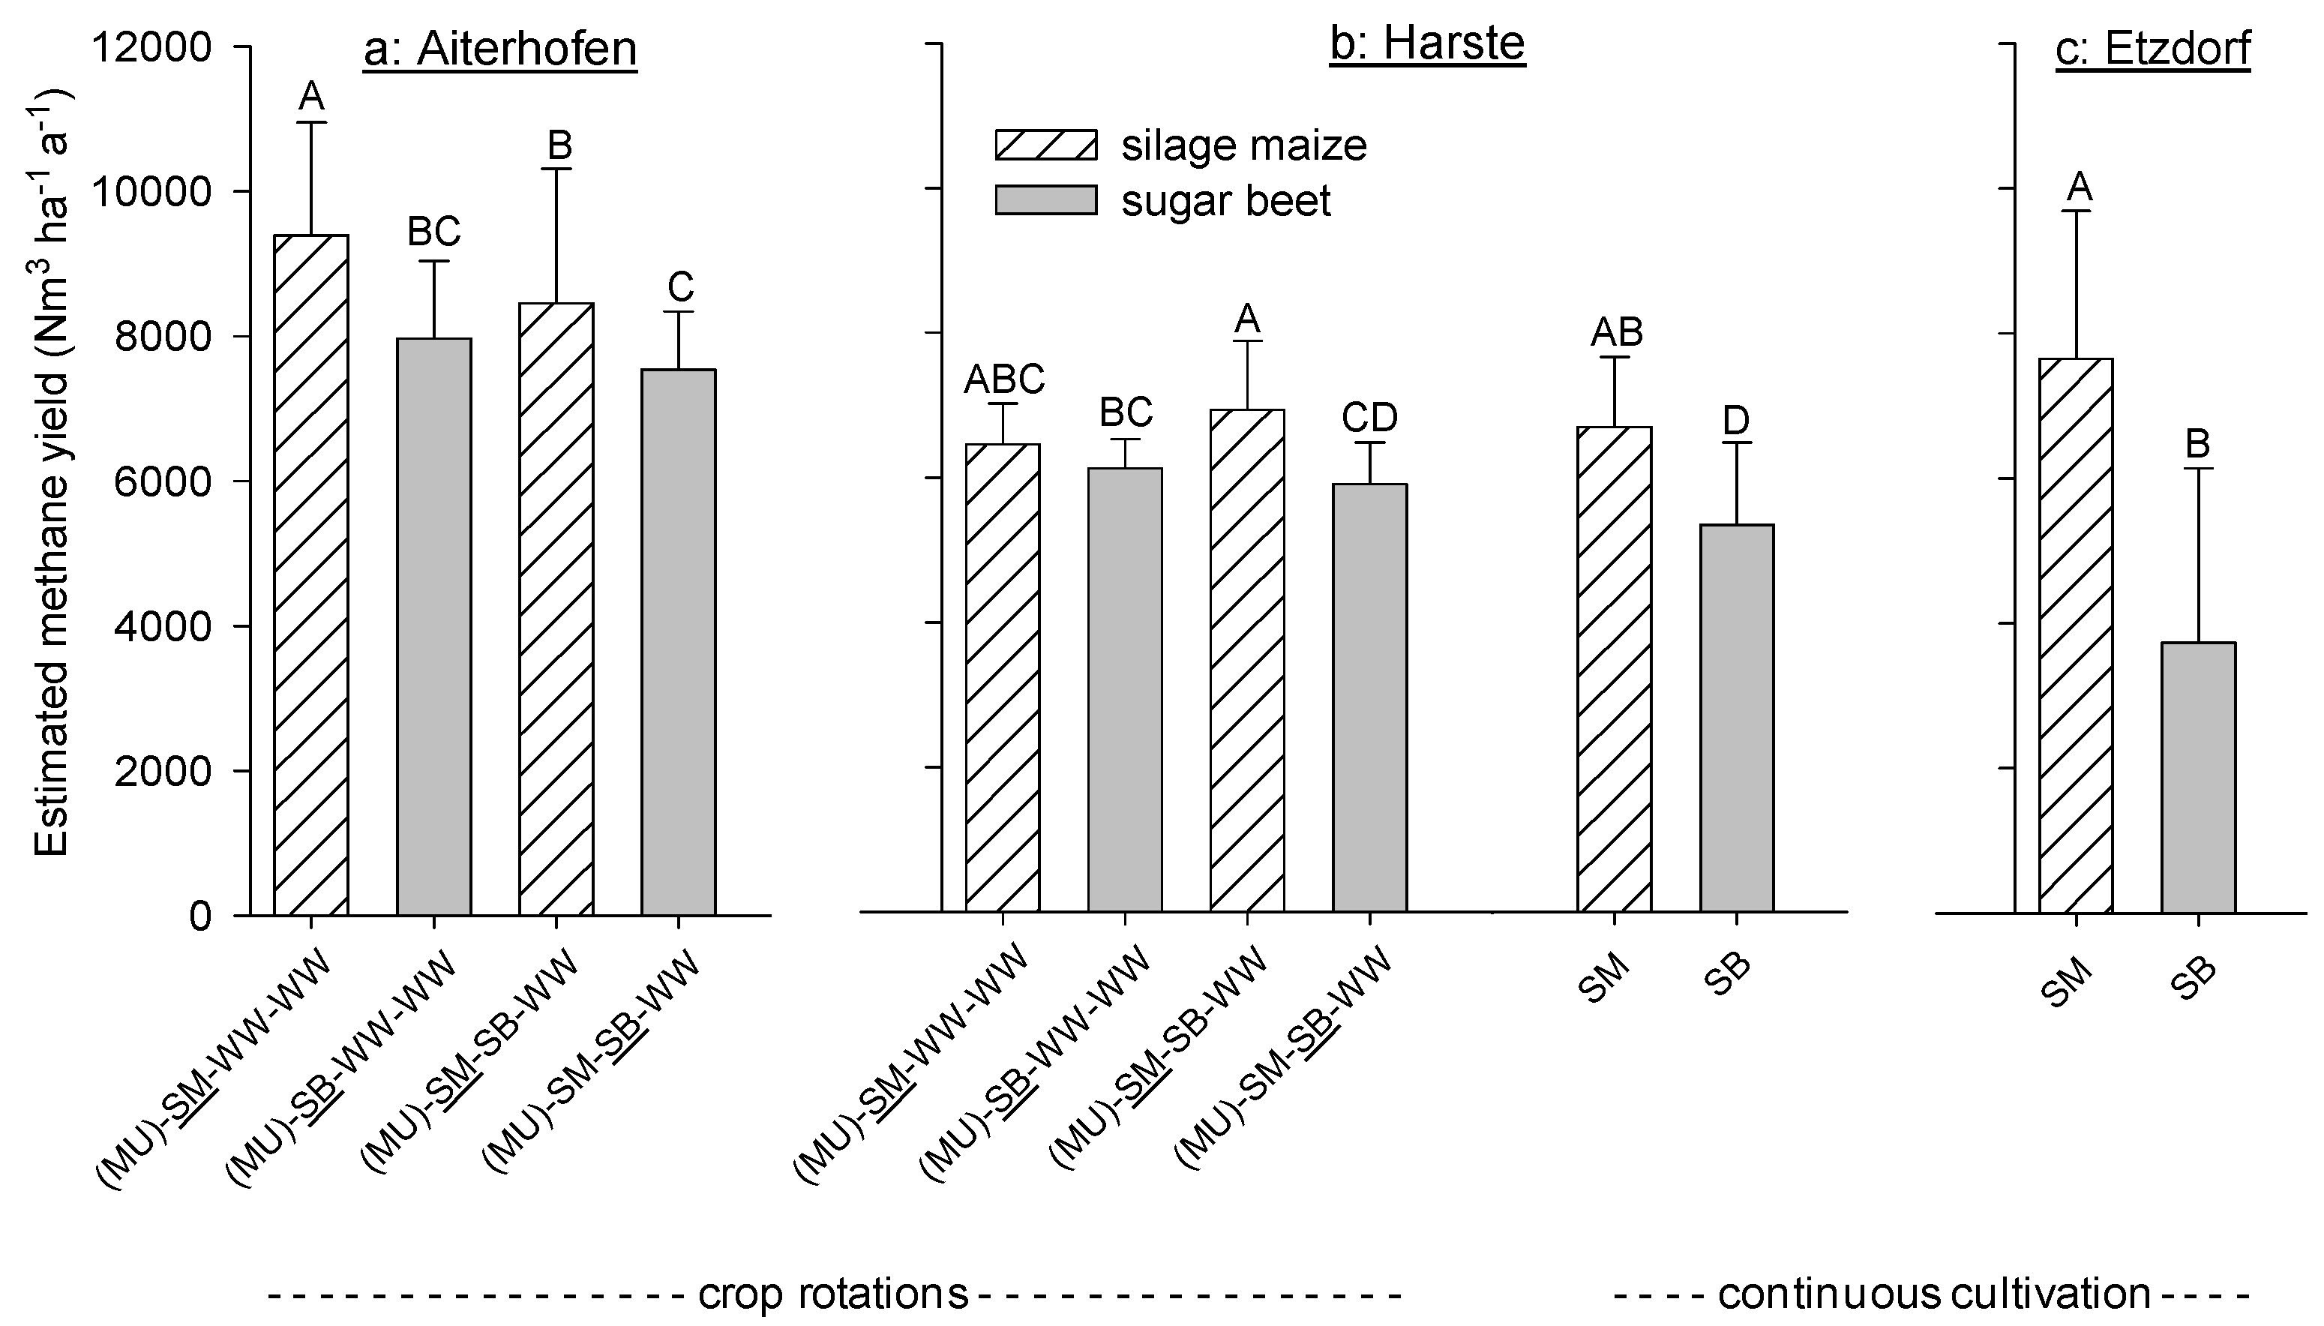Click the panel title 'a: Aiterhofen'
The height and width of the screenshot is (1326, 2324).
click(x=500, y=49)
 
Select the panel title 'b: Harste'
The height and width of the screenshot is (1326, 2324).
click(x=1427, y=43)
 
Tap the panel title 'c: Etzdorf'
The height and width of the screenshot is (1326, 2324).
click(x=2153, y=49)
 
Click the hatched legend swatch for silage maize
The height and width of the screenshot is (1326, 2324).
click(x=1045, y=145)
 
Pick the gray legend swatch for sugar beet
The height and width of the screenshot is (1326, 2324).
click(x=1045, y=200)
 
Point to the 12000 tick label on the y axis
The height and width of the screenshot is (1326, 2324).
click(x=152, y=46)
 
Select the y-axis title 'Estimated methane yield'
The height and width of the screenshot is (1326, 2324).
click(x=52, y=473)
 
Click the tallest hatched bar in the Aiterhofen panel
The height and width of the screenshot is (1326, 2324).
click(x=311, y=574)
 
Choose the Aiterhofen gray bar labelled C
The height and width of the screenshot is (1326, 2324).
click(x=679, y=641)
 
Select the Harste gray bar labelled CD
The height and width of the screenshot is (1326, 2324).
click(x=1369, y=697)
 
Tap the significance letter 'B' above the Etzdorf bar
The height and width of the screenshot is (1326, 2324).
click(x=2198, y=445)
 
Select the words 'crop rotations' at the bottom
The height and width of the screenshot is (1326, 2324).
click(x=833, y=1293)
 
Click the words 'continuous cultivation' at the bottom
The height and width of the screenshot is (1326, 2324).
click(x=1933, y=1293)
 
